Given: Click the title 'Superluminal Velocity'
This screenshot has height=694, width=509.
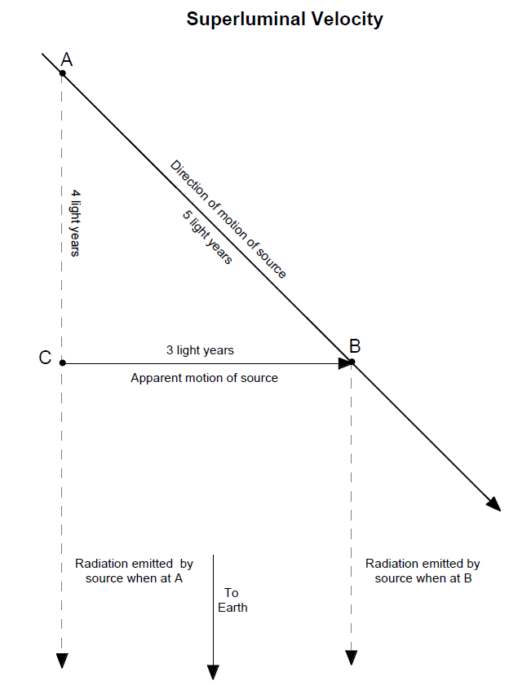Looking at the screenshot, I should pos(285,20).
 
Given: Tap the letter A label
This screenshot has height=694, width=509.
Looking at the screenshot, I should pos(67,59).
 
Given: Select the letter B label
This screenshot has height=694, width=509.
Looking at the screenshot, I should pos(355,346).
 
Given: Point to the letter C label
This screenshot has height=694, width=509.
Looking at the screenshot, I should pos(45,358).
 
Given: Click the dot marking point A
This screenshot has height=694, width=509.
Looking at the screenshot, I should pos(63,73).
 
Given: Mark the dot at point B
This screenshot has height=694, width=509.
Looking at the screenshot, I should pos(352,362).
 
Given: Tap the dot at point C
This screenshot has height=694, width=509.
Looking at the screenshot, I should pos(63,362).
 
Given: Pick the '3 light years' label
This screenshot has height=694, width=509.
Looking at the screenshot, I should pos(200,350).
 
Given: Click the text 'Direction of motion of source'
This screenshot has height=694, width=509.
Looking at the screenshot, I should pos(228,219).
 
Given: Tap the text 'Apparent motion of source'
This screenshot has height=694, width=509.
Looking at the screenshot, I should pos(204,378).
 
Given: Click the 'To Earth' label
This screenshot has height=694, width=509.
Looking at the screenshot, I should pos(232,600).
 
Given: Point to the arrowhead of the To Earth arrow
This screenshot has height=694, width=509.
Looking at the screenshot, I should pos(213,672).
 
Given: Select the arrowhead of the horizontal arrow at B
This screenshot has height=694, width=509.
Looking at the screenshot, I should pos(343,362).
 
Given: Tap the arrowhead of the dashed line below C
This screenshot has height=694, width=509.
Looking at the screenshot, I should pos(63,660).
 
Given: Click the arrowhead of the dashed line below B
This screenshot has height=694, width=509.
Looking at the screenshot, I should pos(352,657).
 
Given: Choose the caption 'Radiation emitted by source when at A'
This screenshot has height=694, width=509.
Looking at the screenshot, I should pos(134,571).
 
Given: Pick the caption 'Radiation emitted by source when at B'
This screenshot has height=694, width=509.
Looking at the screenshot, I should pos(423,571).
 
